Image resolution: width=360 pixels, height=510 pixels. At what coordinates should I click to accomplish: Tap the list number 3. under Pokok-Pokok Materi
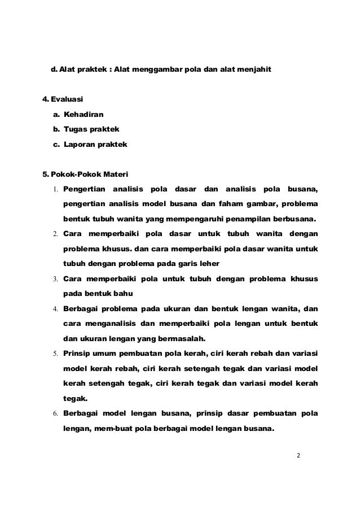click(57, 279)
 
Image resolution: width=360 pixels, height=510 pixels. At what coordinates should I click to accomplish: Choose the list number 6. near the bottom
click(57, 413)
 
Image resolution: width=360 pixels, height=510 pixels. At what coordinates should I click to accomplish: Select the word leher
click(207, 264)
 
